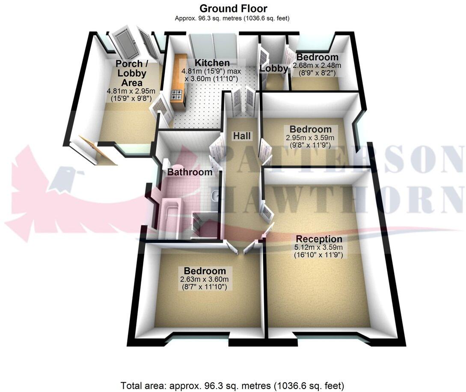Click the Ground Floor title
coord(233,8)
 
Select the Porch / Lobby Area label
coord(130,73)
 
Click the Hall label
coord(241,136)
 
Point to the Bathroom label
coord(190,172)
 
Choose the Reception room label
coord(319,239)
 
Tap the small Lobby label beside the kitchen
coord(274,68)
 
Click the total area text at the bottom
coord(232,385)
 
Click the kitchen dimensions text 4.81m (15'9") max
coord(210,71)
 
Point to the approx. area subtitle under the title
coord(232,18)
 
